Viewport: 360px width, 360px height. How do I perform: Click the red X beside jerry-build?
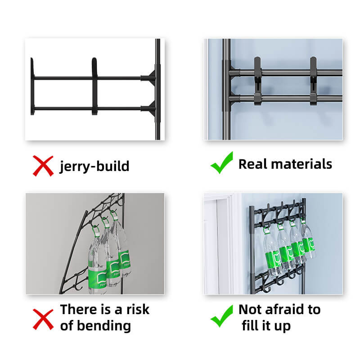43,166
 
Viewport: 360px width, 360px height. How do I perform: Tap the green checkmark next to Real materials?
222,162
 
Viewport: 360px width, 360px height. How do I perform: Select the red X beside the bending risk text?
43,319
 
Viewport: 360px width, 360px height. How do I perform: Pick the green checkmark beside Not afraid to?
222,316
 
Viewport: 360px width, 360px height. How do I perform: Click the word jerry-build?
94,166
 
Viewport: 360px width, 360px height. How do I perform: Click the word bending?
104,326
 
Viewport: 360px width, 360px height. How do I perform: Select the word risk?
138,310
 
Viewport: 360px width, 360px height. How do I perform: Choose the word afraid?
285,310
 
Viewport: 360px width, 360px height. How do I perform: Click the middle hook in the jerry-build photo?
94,86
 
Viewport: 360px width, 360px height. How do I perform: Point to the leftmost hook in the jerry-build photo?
32,86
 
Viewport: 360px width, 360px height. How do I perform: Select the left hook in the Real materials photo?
257,81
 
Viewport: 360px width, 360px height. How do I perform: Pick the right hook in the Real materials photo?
313,81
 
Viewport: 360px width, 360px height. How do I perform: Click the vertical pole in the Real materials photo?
226,89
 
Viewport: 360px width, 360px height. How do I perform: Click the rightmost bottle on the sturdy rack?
308,241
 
